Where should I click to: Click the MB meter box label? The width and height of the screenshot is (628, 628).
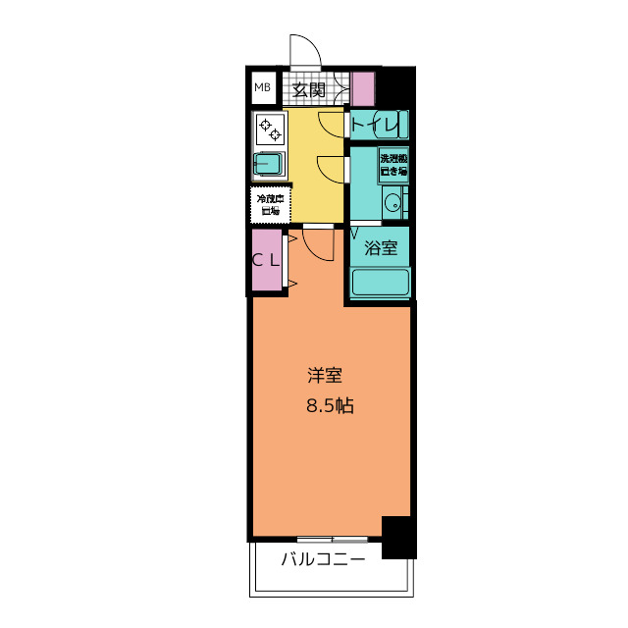(262, 88)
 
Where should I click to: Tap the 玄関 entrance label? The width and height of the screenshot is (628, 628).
(309, 90)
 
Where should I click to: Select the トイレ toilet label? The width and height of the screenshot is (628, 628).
(375, 125)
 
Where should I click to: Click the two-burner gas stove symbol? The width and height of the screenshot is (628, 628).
(270, 129)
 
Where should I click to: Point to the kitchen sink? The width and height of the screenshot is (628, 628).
(270, 164)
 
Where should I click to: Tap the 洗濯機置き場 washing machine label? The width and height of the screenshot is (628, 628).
(393, 164)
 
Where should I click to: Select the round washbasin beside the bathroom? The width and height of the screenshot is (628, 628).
(392, 204)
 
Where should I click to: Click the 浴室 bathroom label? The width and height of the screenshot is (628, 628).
(381, 248)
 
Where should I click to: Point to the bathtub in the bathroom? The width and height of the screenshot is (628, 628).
(380, 282)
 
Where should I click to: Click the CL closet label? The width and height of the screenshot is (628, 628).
(266, 260)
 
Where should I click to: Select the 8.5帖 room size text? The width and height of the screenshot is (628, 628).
(329, 404)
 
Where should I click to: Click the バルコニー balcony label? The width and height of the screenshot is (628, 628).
(323, 560)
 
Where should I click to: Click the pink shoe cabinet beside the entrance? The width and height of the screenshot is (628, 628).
(363, 89)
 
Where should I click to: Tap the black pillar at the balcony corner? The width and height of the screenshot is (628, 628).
(396, 537)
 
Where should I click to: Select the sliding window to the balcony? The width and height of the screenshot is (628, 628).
(333, 539)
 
